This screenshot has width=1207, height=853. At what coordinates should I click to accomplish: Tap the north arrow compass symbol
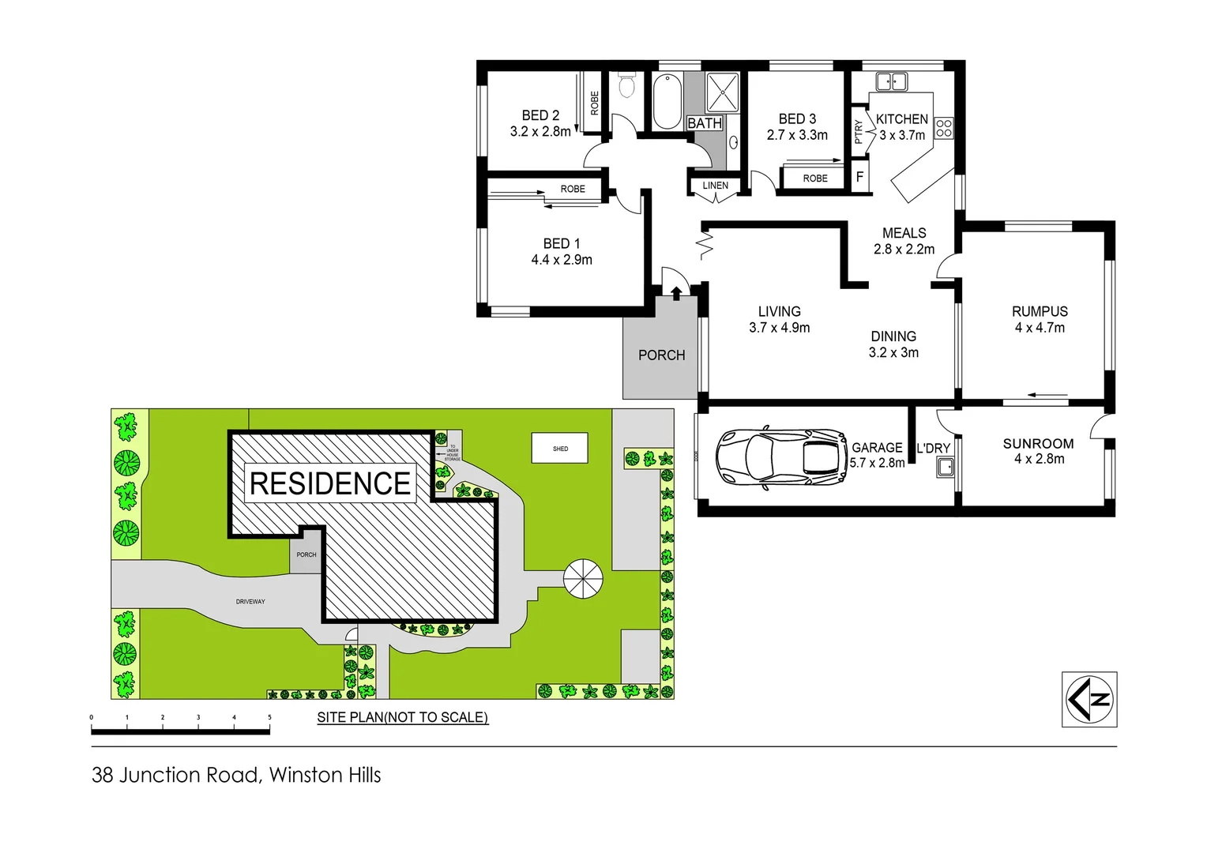tap(1089, 699)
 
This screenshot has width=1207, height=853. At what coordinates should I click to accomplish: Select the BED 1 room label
tap(562, 244)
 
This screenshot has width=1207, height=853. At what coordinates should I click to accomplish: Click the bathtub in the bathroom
tap(667, 100)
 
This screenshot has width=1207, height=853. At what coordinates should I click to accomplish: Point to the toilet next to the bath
tap(626, 85)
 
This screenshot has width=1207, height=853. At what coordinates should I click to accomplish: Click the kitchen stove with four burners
tap(944, 128)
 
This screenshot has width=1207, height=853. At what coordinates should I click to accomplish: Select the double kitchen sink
tap(892, 81)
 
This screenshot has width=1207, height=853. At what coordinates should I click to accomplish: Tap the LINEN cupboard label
tap(716, 186)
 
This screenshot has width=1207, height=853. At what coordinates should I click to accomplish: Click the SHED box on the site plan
tap(560, 449)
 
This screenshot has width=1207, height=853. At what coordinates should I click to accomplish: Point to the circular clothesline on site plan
tap(583, 579)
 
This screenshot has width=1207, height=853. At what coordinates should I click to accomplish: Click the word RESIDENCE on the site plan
tap(330, 483)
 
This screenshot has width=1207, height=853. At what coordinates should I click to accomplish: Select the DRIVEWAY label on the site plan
tap(250, 602)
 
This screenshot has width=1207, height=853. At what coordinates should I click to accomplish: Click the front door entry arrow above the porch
tap(676, 293)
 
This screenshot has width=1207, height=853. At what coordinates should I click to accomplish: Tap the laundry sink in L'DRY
tap(945, 468)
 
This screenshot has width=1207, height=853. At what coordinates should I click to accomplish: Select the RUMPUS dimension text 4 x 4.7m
tap(1040, 328)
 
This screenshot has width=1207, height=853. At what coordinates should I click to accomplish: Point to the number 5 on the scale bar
tap(269, 718)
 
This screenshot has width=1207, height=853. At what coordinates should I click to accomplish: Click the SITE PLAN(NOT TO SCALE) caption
tap(402, 717)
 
